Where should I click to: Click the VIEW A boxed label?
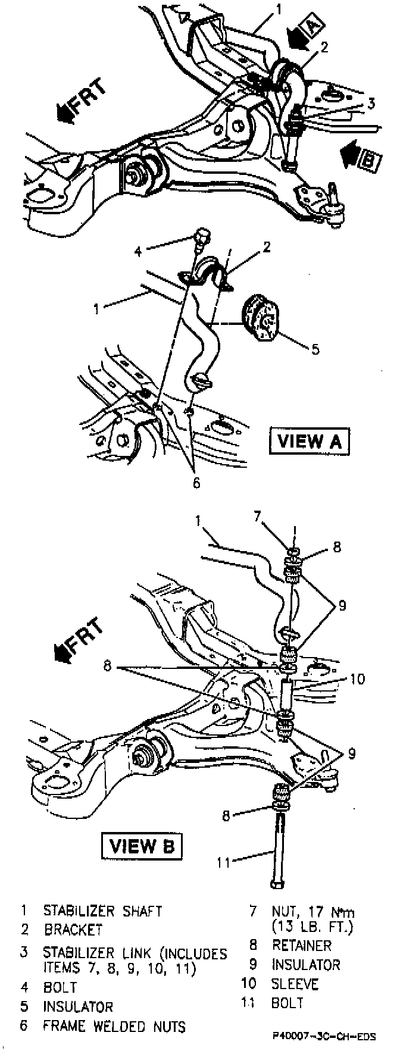(x=310, y=441)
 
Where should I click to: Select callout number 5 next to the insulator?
(x=315, y=349)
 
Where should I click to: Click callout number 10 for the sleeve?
(x=357, y=679)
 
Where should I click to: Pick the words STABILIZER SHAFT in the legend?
(x=102, y=911)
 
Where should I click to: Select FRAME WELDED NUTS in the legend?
(x=114, y=1027)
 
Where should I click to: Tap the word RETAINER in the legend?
(x=302, y=944)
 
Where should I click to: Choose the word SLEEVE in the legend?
(x=295, y=984)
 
